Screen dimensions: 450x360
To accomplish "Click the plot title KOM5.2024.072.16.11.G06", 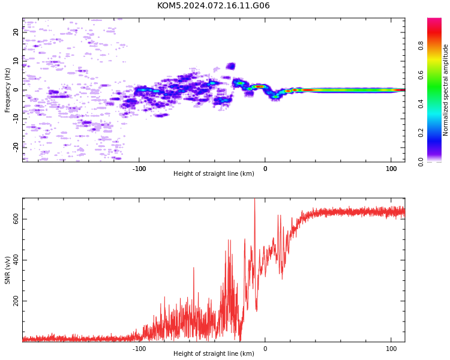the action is pos(213,5).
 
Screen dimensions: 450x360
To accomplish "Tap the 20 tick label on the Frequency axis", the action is pos(16,32).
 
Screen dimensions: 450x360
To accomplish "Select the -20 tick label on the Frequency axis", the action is pos(16,148).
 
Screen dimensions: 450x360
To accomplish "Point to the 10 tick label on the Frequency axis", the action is pos(16,61).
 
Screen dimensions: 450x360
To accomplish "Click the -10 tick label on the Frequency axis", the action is pos(16,119).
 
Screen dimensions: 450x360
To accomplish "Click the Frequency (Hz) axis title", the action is pos(7,90).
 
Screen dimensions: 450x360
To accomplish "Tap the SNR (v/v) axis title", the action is pos(7,270).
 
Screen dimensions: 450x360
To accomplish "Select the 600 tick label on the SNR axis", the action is pos(16,219).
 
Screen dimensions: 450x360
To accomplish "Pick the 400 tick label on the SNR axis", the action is pos(16,260).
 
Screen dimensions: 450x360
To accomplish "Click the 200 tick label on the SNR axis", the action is pos(16,301).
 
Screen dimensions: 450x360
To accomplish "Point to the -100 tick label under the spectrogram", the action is pos(139,169).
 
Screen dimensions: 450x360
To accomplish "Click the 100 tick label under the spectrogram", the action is pos(391,169).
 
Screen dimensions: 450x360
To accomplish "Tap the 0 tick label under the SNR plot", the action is pos(265,349).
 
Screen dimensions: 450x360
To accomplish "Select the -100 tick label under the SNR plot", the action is pos(139,349).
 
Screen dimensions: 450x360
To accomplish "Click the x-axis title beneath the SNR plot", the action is pos(214,353).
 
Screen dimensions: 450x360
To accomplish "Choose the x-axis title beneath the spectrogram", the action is pos(214,173).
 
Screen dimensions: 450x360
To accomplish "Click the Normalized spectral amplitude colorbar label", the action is pos(445,90).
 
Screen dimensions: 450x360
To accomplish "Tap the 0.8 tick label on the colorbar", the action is pos(421,46).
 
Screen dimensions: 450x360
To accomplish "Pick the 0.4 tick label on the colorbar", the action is pos(421,104).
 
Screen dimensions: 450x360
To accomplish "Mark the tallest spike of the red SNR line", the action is pos(254,199).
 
